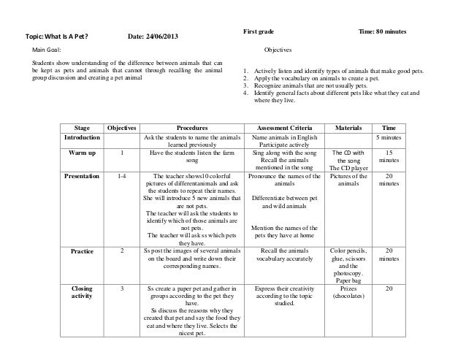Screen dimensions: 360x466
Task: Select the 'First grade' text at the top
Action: click(x=261, y=31)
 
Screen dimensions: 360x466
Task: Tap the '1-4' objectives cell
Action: click(x=121, y=177)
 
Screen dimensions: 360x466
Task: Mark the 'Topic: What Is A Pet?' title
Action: click(x=58, y=37)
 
